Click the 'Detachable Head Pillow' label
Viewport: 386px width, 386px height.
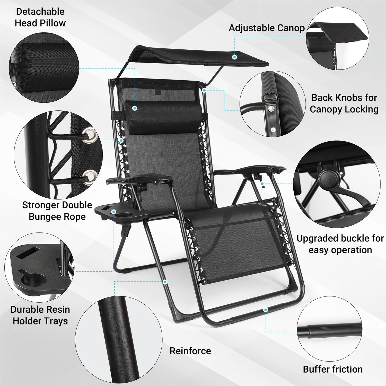point(40,17)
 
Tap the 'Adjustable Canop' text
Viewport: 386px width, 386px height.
point(267,28)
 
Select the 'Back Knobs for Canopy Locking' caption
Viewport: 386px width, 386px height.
point(344,103)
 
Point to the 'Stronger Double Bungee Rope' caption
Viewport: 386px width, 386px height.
point(57,211)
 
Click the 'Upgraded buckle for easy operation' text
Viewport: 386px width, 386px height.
point(340,244)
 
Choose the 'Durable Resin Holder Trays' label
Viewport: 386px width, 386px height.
point(40,315)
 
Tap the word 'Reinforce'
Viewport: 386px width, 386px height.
point(190,351)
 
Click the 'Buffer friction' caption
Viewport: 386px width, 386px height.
point(333,369)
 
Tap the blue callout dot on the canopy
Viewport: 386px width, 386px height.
point(234,57)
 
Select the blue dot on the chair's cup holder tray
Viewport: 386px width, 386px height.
point(114,212)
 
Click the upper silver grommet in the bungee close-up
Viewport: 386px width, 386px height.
point(91,134)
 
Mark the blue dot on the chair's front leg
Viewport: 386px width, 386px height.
point(165,282)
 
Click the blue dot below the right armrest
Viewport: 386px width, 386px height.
point(262,184)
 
